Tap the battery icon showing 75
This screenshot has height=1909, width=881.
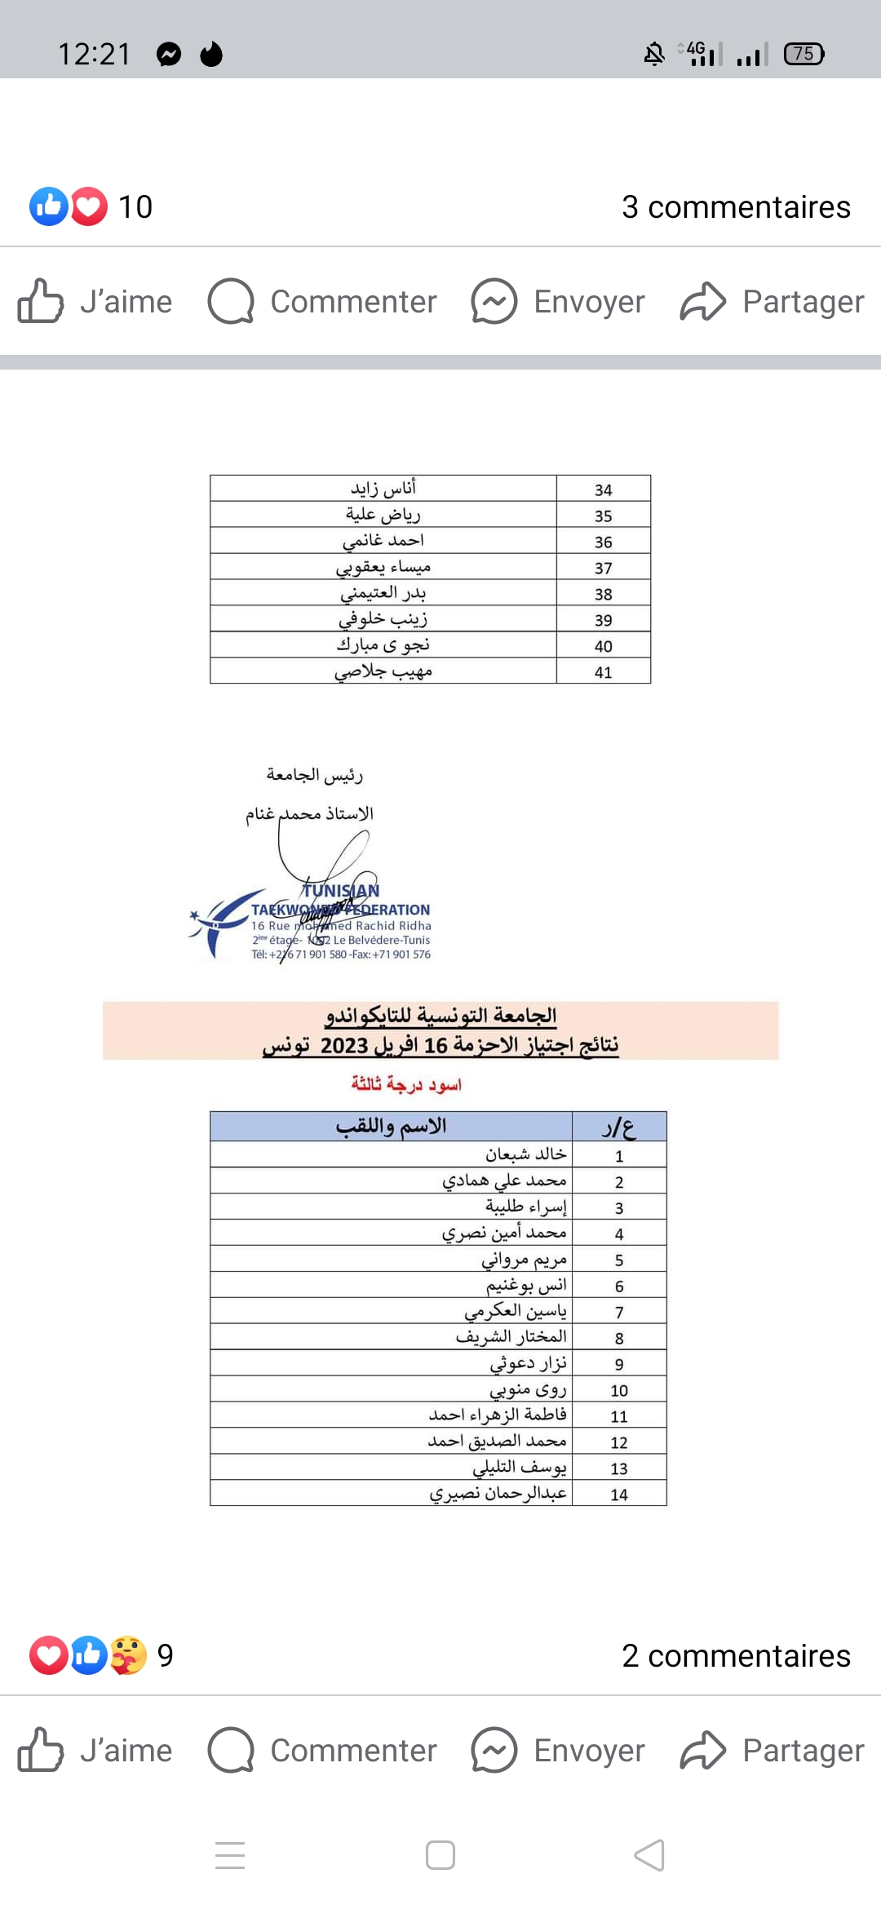(x=804, y=54)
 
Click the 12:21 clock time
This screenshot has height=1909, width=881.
(x=95, y=55)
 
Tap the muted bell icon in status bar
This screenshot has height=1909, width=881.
(x=654, y=55)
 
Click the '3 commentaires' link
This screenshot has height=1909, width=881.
(x=736, y=207)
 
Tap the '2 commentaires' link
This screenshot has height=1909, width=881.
(x=736, y=1656)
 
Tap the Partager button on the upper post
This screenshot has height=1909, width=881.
(x=773, y=302)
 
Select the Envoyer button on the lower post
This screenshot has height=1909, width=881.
(x=558, y=1751)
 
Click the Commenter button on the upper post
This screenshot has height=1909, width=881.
(x=323, y=302)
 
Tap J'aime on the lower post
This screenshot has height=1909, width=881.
(x=95, y=1751)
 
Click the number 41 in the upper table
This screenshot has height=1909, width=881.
(x=603, y=672)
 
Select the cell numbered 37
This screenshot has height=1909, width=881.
(x=603, y=568)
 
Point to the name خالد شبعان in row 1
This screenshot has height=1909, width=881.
(x=525, y=1154)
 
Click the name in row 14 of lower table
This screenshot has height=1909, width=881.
(x=498, y=1493)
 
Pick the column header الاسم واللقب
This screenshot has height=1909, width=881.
(x=392, y=1127)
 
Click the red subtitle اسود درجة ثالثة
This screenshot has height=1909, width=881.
(x=406, y=1084)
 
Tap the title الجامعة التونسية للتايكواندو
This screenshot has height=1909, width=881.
(x=440, y=1016)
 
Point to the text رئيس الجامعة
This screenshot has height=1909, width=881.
(x=314, y=775)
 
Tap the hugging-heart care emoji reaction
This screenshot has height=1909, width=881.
(x=129, y=1655)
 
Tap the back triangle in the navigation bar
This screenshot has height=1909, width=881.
(x=649, y=1855)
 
